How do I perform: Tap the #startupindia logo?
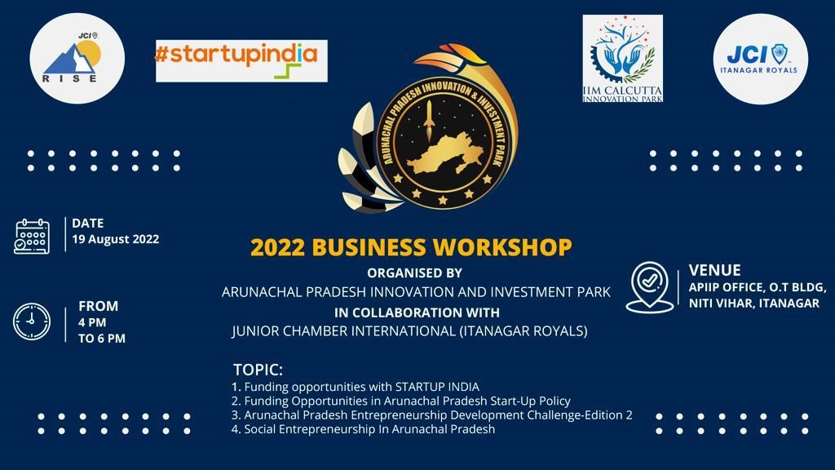pyautogui.click(x=241, y=60)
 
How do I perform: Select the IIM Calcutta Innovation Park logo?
pyautogui.click(x=622, y=59)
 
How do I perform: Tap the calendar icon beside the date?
pyautogui.click(x=32, y=236)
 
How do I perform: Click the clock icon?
pyautogui.click(x=32, y=321)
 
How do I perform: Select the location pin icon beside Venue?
pyautogui.click(x=649, y=286)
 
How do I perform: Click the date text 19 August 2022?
pyautogui.click(x=115, y=240)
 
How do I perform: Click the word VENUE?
pyautogui.click(x=714, y=270)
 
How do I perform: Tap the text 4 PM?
pyautogui.click(x=93, y=322)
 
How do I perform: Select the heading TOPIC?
pyautogui.click(x=258, y=369)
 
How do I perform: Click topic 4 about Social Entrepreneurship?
pyautogui.click(x=363, y=429)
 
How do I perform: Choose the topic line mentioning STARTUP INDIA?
pyautogui.click(x=356, y=387)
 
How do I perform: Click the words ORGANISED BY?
pyautogui.click(x=414, y=273)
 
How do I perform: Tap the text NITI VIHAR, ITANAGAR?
pyautogui.click(x=753, y=304)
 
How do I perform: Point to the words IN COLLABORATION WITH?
pyautogui.click(x=417, y=312)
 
